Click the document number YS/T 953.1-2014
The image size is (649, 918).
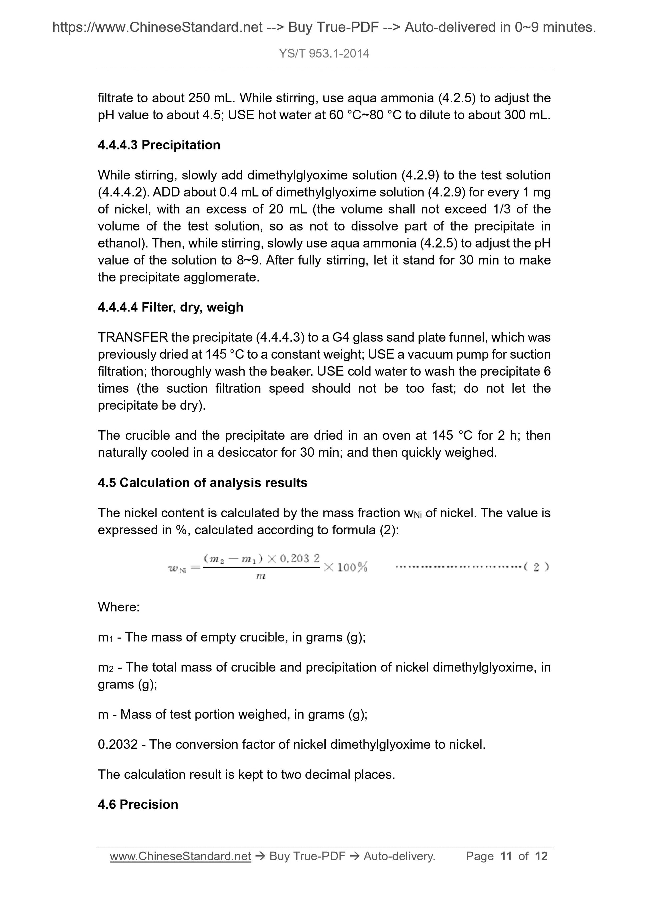pyautogui.click(x=324, y=54)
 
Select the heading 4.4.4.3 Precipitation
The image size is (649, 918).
pyautogui.click(x=159, y=145)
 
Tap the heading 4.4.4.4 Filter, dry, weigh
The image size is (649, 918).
pyautogui.click(x=170, y=307)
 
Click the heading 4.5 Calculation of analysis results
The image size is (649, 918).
pyautogui.click(x=202, y=483)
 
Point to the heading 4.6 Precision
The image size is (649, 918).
pyautogui.click(x=138, y=804)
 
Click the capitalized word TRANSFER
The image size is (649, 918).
pyautogui.click(x=133, y=338)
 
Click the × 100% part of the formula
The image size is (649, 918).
pyautogui.click(x=346, y=567)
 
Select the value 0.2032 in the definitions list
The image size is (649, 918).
pyautogui.click(x=118, y=745)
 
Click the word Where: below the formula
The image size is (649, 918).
pyautogui.click(x=119, y=607)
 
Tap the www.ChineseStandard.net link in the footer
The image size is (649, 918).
pyautogui.click(x=180, y=856)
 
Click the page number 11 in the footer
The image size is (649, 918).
pyautogui.click(x=506, y=856)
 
